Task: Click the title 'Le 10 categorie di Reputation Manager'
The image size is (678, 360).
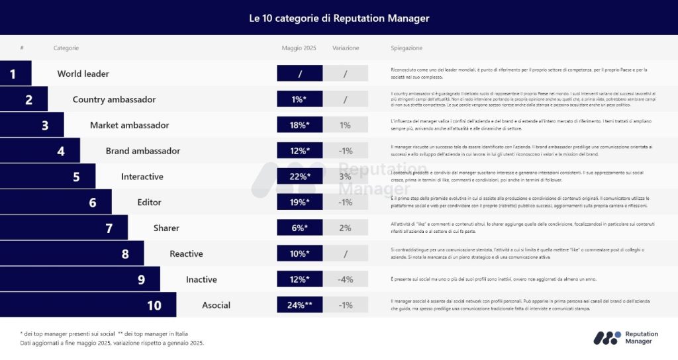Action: click(339, 18)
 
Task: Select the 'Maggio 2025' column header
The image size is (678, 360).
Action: click(299, 48)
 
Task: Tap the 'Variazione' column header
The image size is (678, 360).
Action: click(346, 48)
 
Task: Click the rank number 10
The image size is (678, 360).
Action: click(154, 305)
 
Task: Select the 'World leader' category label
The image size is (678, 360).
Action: click(83, 73)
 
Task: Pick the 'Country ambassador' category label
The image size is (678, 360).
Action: click(114, 99)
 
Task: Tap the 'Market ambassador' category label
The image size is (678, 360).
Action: click(129, 125)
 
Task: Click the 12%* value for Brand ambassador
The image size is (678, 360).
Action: click(299, 151)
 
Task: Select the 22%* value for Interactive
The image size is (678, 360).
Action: click(299, 177)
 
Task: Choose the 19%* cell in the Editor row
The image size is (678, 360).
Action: click(299, 202)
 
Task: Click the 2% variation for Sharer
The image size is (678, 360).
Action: click(345, 228)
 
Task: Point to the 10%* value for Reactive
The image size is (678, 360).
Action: click(299, 253)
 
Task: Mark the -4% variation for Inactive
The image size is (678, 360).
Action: click(345, 279)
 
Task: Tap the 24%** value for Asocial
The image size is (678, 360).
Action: click(299, 305)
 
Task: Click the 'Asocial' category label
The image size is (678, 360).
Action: click(216, 305)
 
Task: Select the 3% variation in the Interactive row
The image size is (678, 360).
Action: click(345, 177)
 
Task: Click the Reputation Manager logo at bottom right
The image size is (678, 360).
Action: click(626, 338)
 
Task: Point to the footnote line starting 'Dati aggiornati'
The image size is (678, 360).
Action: click(112, 343)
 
